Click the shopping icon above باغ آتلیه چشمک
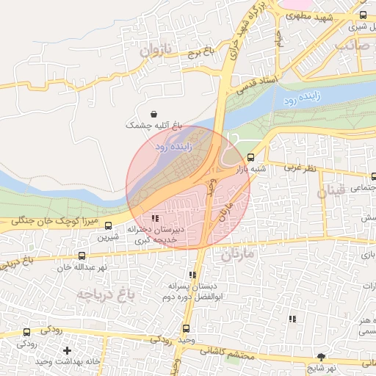click(153, 114)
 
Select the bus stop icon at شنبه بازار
click(251, 157)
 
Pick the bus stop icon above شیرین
click(109, 226)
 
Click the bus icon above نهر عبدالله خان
click(81, 256)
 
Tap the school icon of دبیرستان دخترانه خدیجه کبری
click(154, 218)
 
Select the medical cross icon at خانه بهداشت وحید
click(68, 351)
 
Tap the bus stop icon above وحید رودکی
click(185, 329)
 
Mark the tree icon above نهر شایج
click(320, 355)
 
